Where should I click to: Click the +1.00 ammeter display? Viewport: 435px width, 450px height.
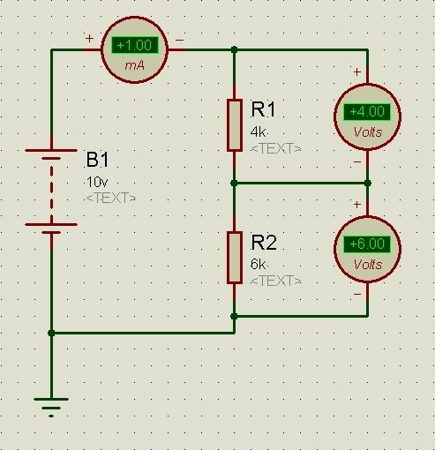click(135, 45)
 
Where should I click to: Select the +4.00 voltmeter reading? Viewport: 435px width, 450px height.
click(367, 112)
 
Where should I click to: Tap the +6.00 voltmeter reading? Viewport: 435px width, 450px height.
click(367, 244)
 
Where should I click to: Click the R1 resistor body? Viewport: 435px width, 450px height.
click(235, 125)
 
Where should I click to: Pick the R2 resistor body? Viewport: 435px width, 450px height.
click(235, 258)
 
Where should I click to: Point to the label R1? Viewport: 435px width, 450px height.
click(263, 109)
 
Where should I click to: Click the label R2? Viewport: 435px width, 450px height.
click(264, 243)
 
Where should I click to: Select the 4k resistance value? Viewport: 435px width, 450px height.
click(258, 132)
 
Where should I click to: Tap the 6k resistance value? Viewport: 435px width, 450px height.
click(258, 264)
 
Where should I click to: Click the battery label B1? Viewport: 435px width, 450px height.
click(97, 160)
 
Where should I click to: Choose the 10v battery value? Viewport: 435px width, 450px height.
click(97, 183)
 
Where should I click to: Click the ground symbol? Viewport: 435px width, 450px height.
click(51, 408)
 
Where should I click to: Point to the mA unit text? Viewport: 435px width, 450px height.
click(135, 65)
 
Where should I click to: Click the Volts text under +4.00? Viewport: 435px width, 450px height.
click(368, 132)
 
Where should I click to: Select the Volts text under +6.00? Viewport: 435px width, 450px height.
click(368, 265)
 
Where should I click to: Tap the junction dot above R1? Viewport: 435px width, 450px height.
click(234, 49)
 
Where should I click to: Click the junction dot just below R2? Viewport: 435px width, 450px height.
click(234, 317)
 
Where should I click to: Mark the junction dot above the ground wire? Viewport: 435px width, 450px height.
click(51, 334)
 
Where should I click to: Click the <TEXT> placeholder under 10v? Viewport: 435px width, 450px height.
click(111, 198)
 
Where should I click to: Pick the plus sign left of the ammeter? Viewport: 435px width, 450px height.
click(89, 38)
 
